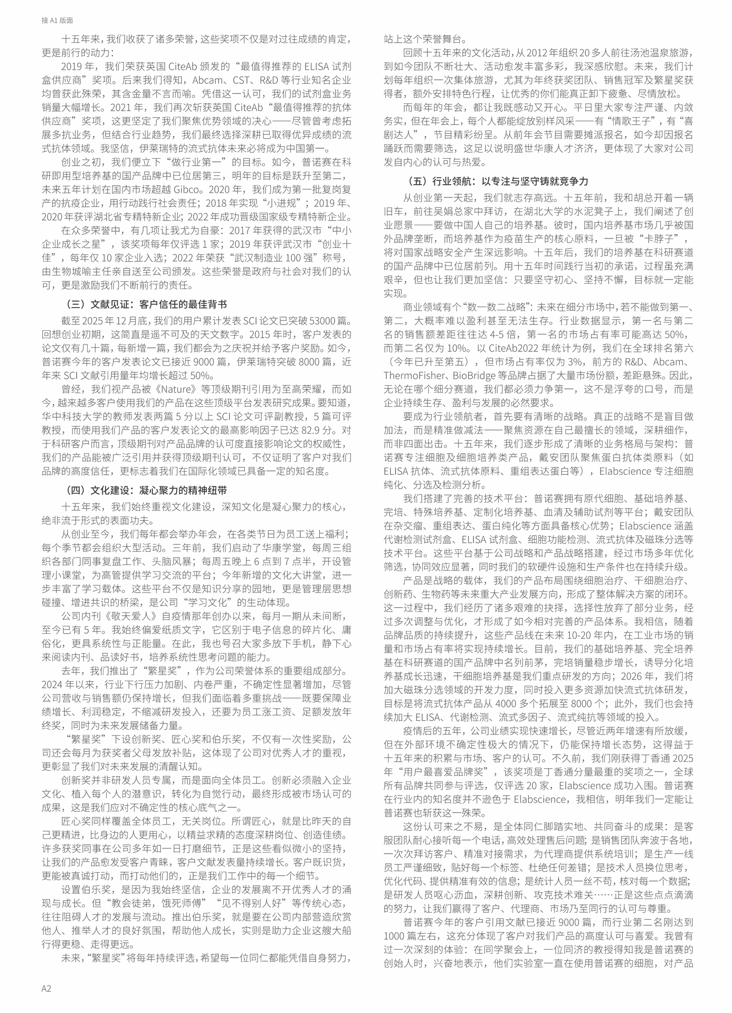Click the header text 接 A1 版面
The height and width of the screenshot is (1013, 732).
[57, 21]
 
